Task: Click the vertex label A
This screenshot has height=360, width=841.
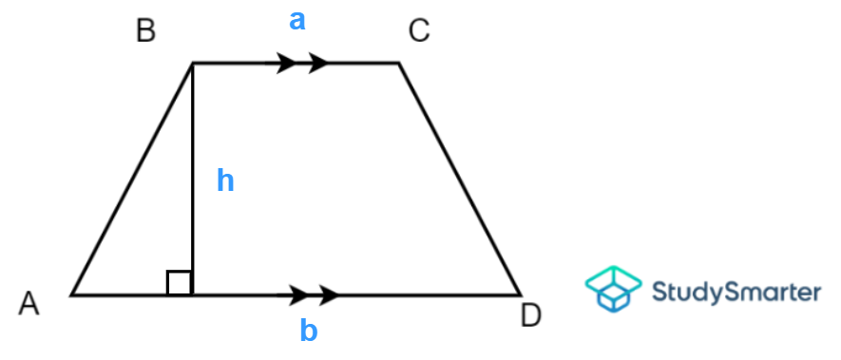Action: (x=29, y=303)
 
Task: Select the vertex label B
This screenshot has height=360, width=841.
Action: (x=145, y=31)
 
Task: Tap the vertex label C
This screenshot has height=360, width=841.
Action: (x=419, y=31)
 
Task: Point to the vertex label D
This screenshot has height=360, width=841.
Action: (x=531, y=315)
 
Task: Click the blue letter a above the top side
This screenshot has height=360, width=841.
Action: (x=297, y=20)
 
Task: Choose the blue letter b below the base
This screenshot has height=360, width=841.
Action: (x=309, y=331)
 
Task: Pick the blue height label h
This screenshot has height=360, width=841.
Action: (x=224, y=180)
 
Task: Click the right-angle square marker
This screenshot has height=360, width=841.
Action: (x=180, y=282)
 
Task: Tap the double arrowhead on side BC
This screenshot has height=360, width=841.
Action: (x=302, y=64)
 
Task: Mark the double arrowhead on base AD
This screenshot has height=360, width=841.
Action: (x=314, y=294)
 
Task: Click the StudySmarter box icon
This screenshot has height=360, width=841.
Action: (x=611, y=290)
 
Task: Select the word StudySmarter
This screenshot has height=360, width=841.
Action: (x=736, y=291)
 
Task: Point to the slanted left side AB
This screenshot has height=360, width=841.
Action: (x=132, y=179)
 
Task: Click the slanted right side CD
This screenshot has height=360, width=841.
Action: (x=459, y=179)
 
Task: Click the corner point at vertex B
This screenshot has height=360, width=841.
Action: (x=193, y=64)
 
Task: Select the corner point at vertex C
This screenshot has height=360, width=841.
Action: (x=398, y=64)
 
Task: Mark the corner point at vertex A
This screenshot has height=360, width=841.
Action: (x=71, y=294)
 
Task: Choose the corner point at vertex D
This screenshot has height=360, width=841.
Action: (x=520, y=294)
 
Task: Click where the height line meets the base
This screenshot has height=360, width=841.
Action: (x=193, y=294)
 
